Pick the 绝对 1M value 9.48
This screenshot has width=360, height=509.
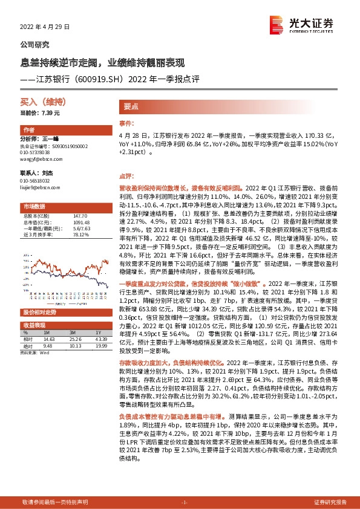pyautogui.click(x=47, y=346)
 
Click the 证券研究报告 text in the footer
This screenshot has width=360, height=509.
pyautogui.click(x=330, y=502)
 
